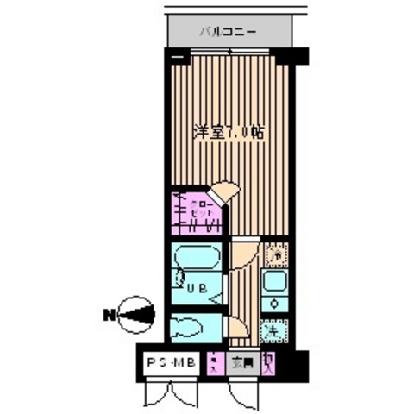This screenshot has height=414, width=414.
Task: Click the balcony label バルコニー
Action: tap(228, 32)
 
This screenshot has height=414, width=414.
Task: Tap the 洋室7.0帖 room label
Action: tap(228, 135)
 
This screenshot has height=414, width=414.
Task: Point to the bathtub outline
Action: tap(193, 260)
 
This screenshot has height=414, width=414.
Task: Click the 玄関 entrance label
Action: tap(241, 364)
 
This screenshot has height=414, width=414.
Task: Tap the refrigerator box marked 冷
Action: tap(277, 255)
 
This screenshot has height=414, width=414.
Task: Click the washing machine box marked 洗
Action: tap(274, 329)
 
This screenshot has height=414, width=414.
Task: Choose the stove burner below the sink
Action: tap(275, 304)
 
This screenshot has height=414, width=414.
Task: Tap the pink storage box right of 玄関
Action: tap(271, 362)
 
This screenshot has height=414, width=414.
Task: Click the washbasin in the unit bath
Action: tap(179, 278)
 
